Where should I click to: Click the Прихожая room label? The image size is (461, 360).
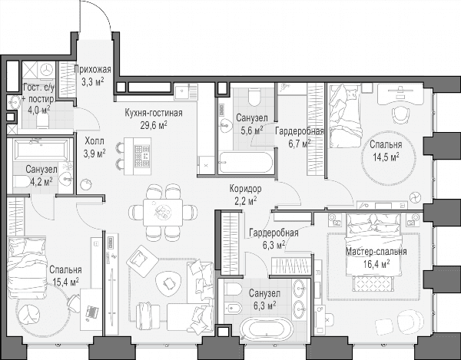pyautogui.click(x=93, y=70)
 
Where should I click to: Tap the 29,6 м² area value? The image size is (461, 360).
pyautogui.click(x=154, y=125)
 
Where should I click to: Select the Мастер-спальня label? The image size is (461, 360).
pyautogui.click(x=376, y=252)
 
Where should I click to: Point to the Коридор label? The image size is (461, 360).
pyautogui.click(x=246, y=189)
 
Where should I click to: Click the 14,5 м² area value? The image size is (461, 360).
pyautogui.click(x=386, y=157)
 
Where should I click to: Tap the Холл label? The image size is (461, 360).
pyautogui.click(x=95, y=141)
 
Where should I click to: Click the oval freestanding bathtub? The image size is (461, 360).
pyautogui.click(x=267, y=329)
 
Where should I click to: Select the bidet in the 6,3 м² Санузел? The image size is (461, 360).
pyautogui.click(x=233, y=309)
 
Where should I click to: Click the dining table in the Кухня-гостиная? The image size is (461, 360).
pyautogui.click(x=163, y=212)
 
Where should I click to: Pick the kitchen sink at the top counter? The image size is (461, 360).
pyautogui.click(x=182, y=91)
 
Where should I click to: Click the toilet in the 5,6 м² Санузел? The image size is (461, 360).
pyautogui.click(x=254, y=97)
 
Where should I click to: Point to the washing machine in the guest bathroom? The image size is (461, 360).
pyautogui.click(x=46, y=70)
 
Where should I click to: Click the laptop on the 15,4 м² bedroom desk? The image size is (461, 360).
pyautogui.click(x=91, y=312)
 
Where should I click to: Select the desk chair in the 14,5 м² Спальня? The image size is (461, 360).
pyautogui.click(x=401, y=115)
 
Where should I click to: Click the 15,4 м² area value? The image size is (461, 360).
pyautogui.click(x=65, y=282)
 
